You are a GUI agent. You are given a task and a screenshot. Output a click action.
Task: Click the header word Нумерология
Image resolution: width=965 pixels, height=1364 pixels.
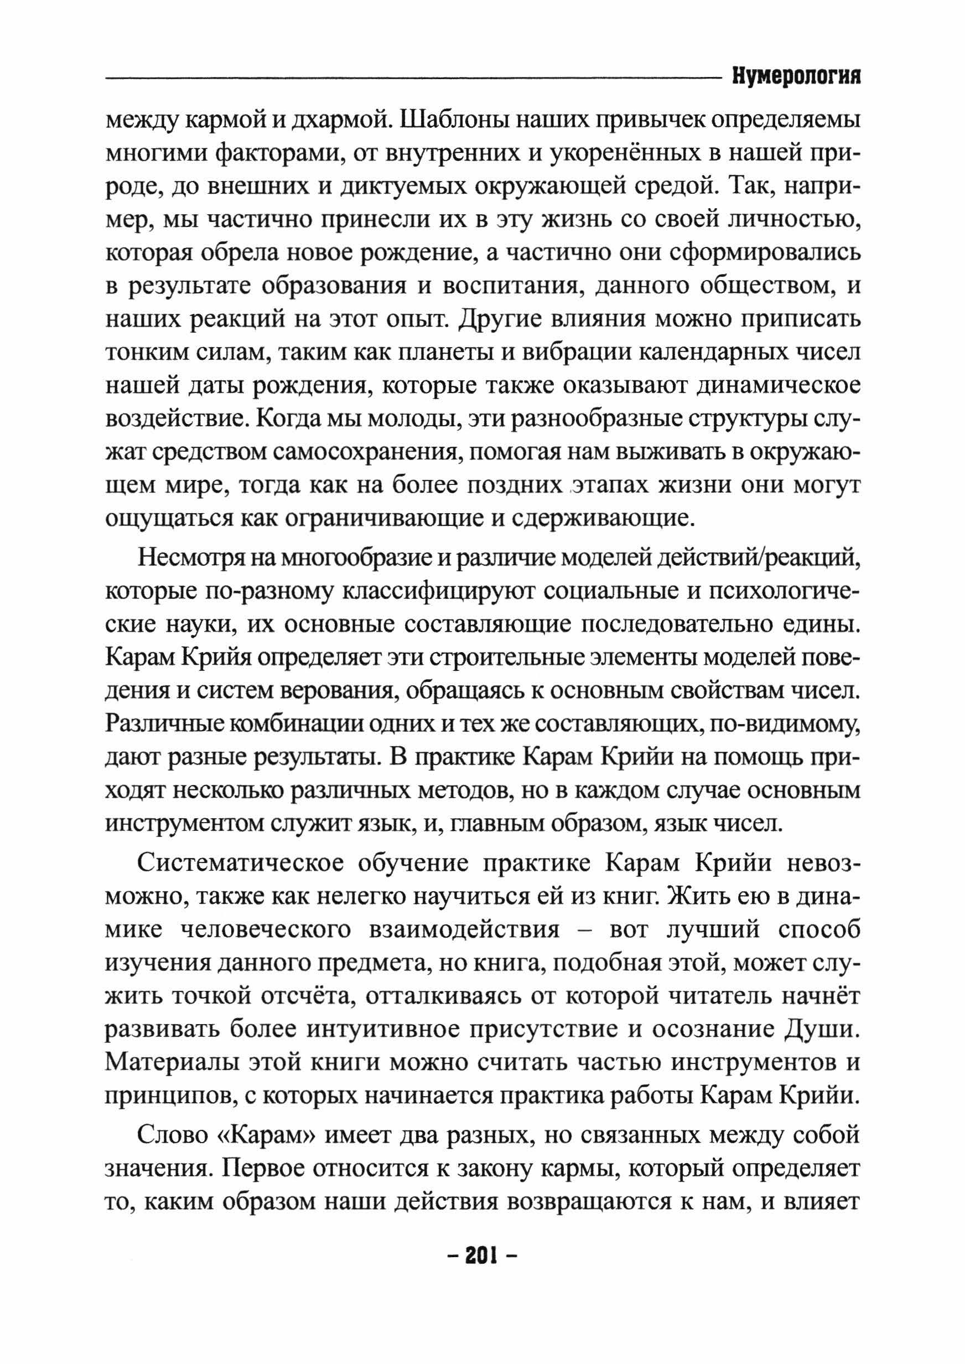point(797,77)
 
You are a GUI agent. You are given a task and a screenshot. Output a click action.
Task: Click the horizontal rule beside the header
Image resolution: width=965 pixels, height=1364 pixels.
point(410,78)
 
